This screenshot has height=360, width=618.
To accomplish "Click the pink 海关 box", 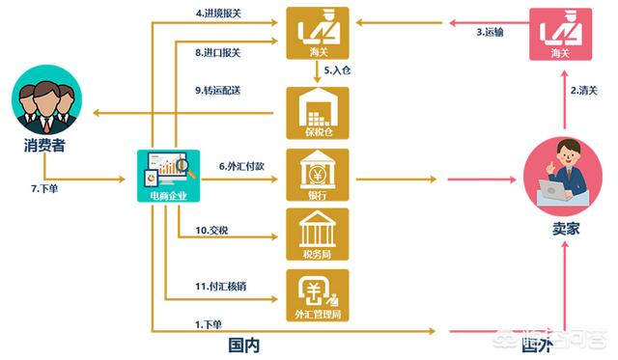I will coord(563,35).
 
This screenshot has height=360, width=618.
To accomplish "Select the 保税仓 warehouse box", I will coord(317,113).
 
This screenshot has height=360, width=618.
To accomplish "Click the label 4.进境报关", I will coord(218,14).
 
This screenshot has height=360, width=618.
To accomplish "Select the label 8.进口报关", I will coord(218,53).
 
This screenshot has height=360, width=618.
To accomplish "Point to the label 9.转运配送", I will coord(218,91).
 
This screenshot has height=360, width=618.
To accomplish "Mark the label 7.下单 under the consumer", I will coord(43,187).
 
